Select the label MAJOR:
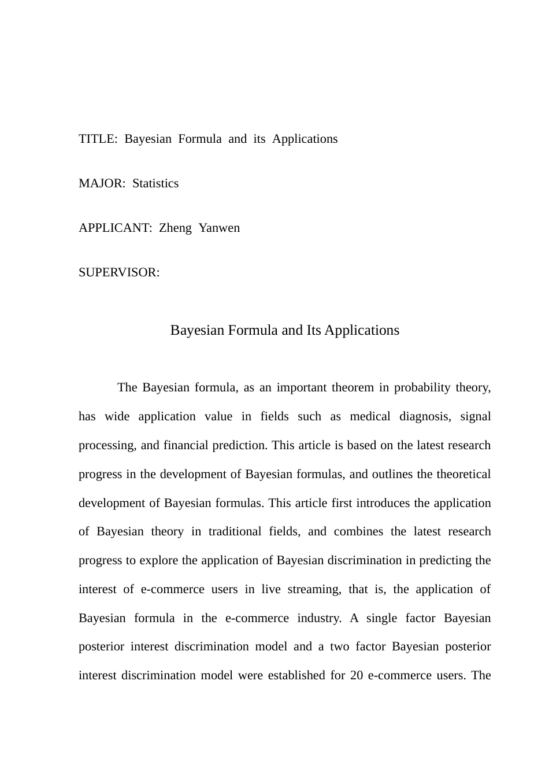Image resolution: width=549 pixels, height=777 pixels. point(102,184)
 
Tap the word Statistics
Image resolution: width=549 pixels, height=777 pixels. point(155,184)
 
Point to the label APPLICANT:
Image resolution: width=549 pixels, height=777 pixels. point(116,228)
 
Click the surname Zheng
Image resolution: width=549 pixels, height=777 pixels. point(175,228)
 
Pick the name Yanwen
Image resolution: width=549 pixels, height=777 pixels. point(219,228)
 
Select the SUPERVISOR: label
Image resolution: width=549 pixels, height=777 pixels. point(119,273)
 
